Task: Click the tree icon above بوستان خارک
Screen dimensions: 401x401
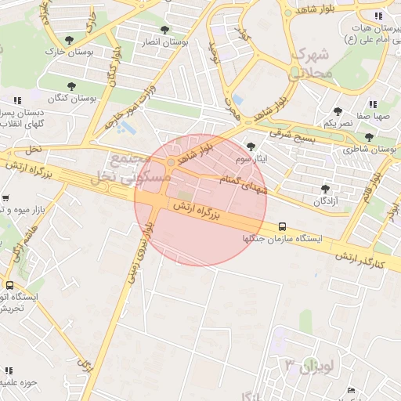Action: pos(70,39)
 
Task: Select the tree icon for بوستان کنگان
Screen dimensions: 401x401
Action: pos(71,86)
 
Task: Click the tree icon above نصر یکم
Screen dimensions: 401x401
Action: pos(338,111)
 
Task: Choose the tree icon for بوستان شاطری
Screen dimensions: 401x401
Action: pos(369,136)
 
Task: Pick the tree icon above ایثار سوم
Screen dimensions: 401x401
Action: pos(251,146)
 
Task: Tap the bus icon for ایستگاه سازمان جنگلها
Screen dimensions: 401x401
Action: pos(282,226)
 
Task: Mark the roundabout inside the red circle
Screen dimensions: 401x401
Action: pos(171,162)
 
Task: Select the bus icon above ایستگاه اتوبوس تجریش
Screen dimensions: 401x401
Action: pos(9,286)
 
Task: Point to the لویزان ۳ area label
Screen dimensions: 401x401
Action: pos(309,365)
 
